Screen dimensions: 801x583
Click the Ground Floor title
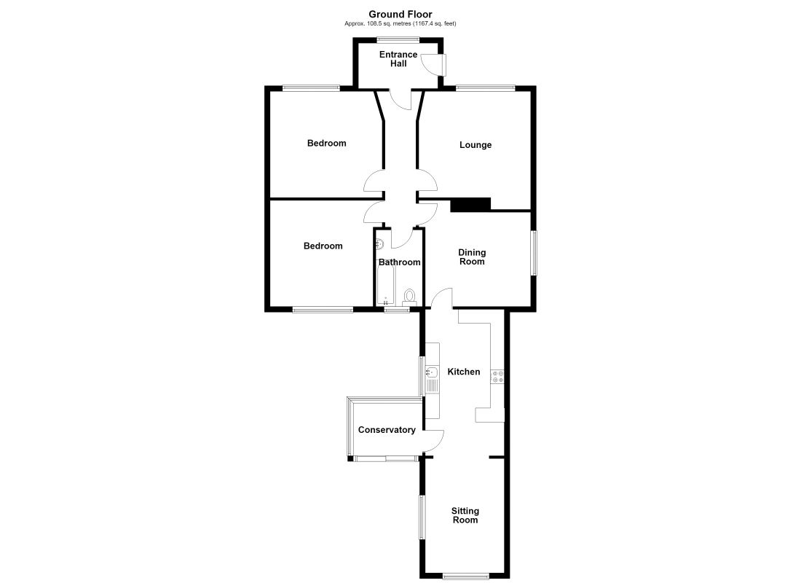400,15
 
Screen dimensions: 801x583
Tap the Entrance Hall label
398,59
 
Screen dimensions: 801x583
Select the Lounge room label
475,145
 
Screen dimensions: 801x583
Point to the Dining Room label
472,257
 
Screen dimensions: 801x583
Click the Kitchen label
464,372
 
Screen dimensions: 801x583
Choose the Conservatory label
387,429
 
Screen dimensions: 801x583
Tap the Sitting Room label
465,515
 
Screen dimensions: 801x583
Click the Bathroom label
400,262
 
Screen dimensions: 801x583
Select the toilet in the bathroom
409,297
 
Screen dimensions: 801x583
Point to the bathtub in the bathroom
384,282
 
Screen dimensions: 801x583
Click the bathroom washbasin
379,243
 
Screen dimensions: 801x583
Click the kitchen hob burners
497,376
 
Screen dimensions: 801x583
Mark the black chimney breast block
470,205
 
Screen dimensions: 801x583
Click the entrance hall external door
433,64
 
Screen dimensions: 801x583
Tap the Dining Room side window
533,253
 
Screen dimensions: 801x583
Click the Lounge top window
485,88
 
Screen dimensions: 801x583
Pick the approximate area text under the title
400,23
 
